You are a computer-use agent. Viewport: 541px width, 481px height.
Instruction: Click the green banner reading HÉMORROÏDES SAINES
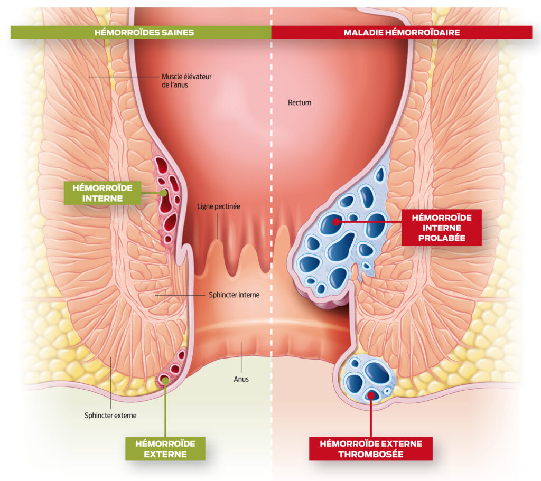[144, 32]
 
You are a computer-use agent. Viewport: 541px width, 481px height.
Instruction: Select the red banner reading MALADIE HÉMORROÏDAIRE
[402, 32]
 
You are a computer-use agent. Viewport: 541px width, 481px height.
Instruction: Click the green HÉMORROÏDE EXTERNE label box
[165, 448]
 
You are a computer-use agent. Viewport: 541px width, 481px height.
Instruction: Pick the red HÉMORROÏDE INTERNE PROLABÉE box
[442, 227]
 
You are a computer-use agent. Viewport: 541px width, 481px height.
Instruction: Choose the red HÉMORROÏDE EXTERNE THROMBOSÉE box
[371, 448]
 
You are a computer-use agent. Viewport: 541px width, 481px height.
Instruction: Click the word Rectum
[300, 102]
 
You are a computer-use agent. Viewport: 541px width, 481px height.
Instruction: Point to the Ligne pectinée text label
[219, 206]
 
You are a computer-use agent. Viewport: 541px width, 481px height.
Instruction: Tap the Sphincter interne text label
[234, 295]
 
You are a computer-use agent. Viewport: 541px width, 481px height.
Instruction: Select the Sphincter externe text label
[110, 415]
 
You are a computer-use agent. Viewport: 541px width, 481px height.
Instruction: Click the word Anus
[241, 379]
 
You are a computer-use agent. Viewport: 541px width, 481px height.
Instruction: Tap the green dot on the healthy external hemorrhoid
[165, 379]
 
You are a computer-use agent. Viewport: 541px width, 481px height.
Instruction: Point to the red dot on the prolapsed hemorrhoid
[337, 222]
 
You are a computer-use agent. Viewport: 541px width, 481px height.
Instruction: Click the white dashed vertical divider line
[271, 158]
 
